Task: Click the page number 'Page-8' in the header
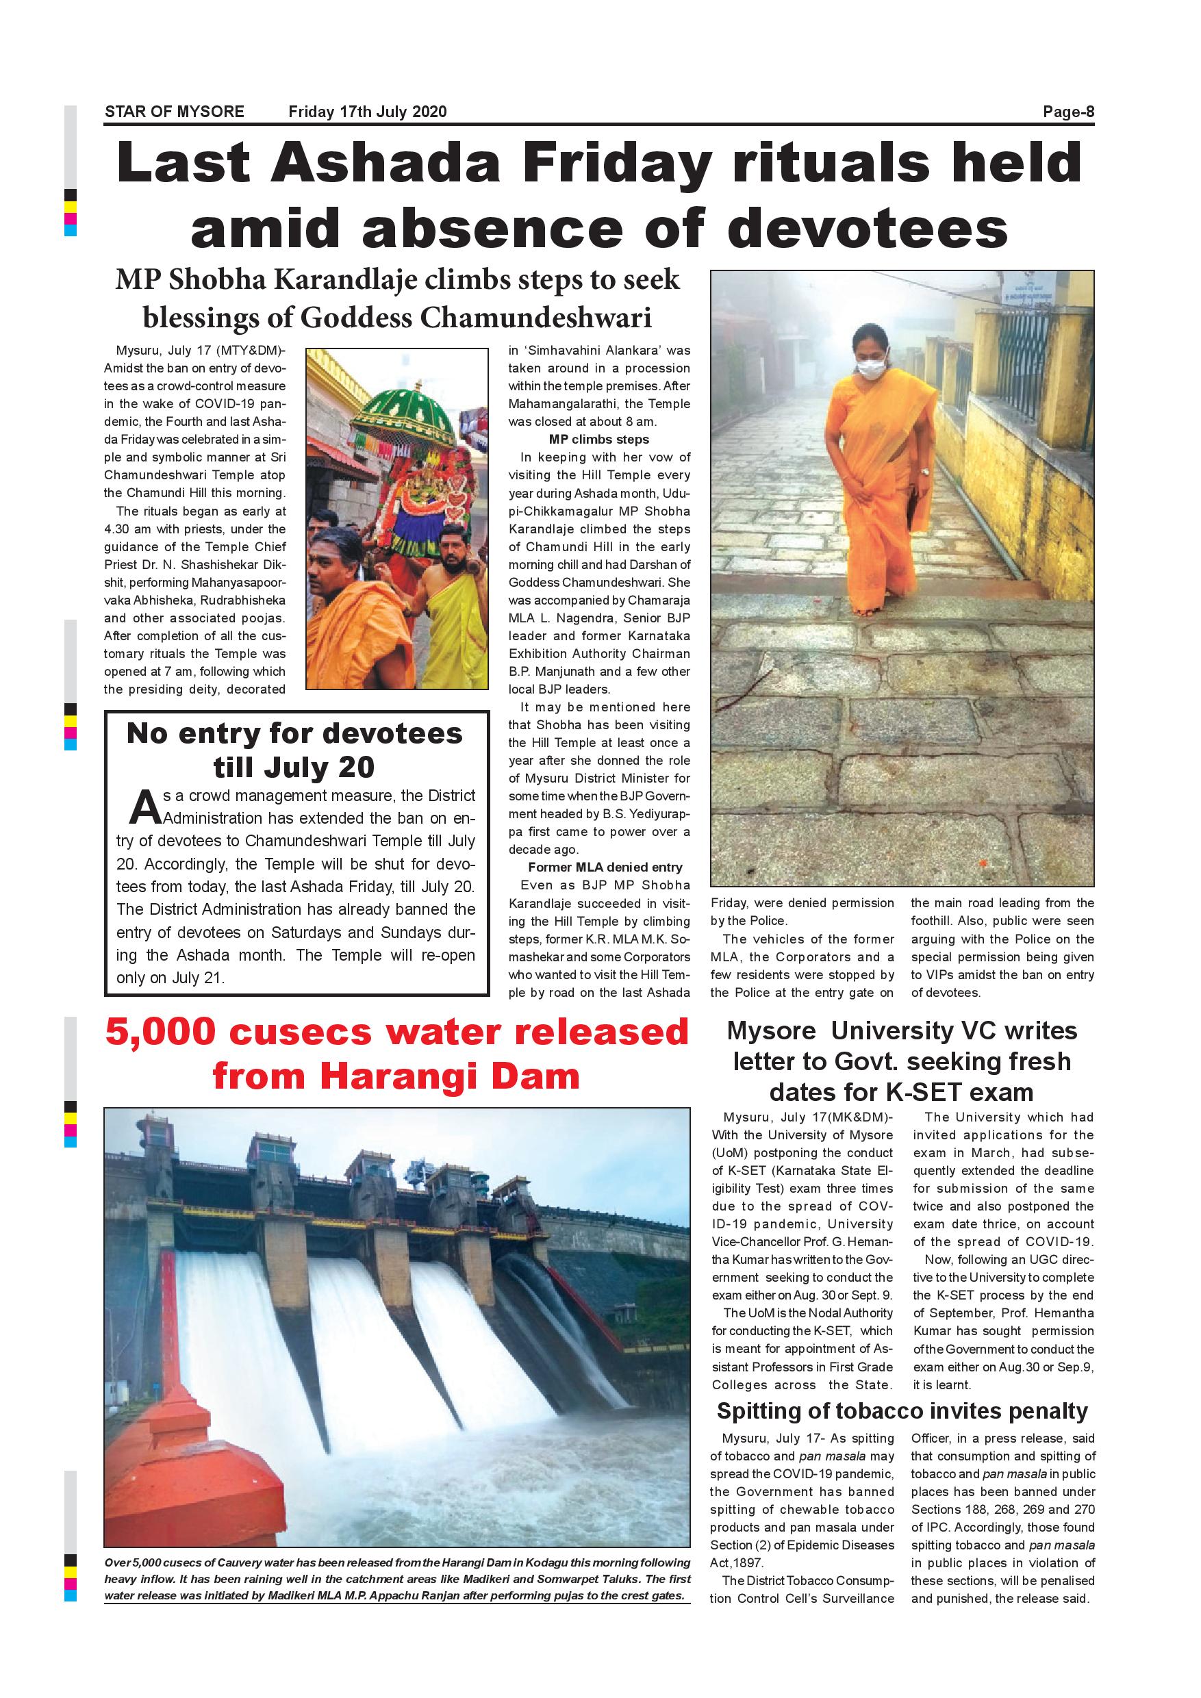pyautogui.click(x=1068, y=112)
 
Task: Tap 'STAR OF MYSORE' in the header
pyautogui.click(x=175, y=112)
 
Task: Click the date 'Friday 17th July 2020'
pyautogui.click(x=368, y=112)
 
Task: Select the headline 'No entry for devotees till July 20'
pyautogui.click(x=294, y=750)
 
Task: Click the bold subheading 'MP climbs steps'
pyautogui.click(x=599, y=440)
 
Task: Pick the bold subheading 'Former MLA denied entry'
pyautogui.click(x=605, y=867)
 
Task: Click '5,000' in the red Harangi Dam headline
pyautogui.click(x=160, y=1032)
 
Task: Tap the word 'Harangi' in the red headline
pyautogui.click(x=391, y=1076)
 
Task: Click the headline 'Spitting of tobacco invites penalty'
pyautogui.click(x=902, y=1411)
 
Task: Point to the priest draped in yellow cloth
pyautogui.click(x=453, y=607)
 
